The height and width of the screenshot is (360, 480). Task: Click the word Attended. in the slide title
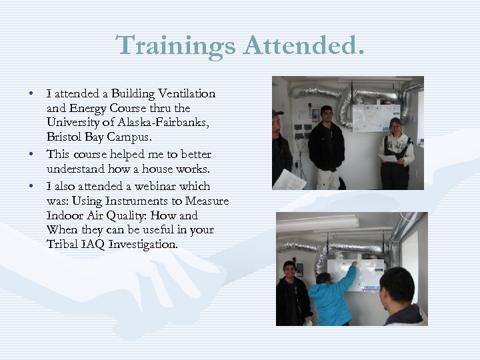(x=304, y=45)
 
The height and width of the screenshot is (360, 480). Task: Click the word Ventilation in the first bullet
(x=188, y=93)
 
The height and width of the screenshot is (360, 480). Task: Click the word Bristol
(x=65, y=137)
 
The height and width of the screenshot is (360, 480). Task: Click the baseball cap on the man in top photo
(x=277, y=113)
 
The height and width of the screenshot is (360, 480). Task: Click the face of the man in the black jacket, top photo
(x=327, y=113)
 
